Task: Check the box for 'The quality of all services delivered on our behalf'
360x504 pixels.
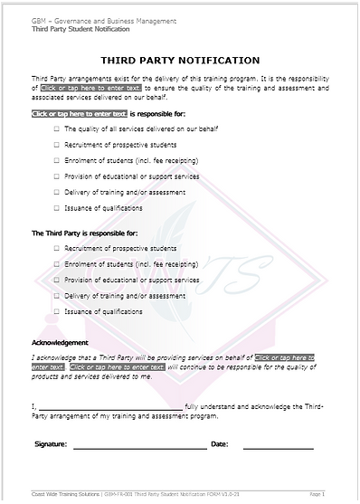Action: tap(56, 130)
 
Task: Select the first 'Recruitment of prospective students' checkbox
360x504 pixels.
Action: tap(56, 146)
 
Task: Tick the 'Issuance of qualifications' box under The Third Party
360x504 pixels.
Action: tap(56, 311)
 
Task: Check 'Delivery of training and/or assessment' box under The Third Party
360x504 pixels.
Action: tap(56, 296)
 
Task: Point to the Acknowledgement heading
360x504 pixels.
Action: tap(60, 343)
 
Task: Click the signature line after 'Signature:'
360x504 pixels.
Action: tap(139, 446)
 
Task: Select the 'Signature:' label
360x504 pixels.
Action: tap(51, 445)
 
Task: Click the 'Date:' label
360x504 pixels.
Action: tap(219, 445)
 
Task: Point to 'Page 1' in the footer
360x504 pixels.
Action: tap(317, 495)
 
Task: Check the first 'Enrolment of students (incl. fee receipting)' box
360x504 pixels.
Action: tap(56, 161)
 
